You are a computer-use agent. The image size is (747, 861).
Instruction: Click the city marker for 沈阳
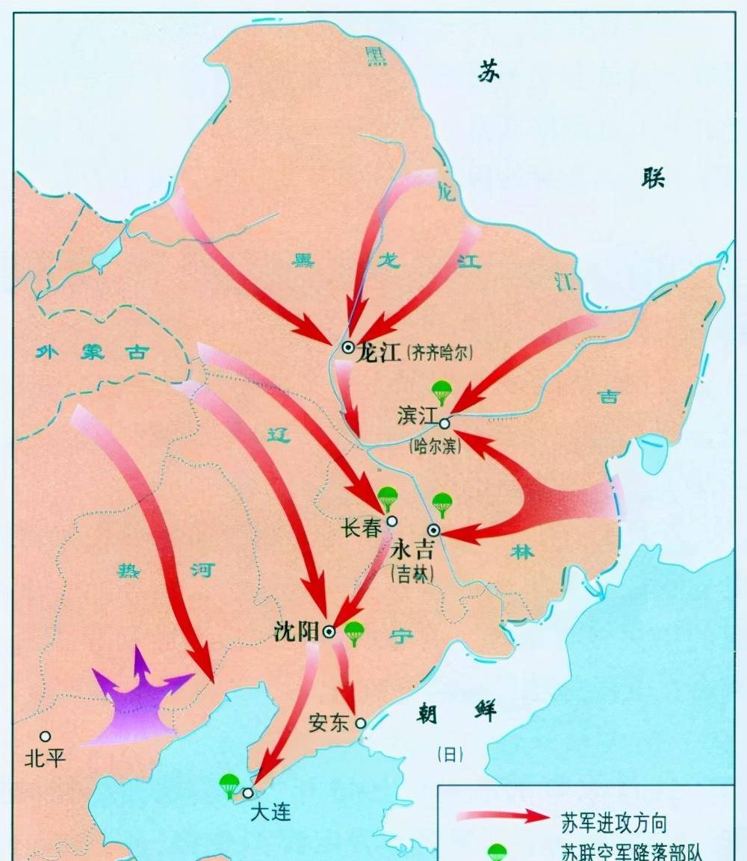pyautogui.click(x=329, y=632)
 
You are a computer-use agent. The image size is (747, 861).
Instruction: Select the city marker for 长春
pyautogui.click(x=392, y=521)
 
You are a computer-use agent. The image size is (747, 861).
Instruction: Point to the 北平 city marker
pyautogui.click(x=46, y=736)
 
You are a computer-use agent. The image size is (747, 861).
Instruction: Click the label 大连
pyautogui.click(x=270, y=812)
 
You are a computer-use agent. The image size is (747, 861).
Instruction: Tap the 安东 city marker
pyautogui.click(x=361, y=723)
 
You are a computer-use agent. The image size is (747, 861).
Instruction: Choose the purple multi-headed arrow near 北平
pyautogui.click(x=138, y=700)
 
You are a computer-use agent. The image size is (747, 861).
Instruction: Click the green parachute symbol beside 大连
pyautogui.click(x=229, y=786)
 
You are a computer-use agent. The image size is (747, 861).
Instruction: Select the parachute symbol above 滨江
pyautogui.click(x=442, y=391)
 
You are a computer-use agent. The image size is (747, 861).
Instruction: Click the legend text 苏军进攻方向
pyautogui.click(x=613, y=822)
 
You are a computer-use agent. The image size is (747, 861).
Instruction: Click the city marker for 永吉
pyautogui.click(x=433, y=531)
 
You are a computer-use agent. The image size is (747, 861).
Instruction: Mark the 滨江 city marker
pyautogui.click(x=444, y=423)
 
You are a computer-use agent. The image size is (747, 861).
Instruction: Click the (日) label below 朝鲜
pyautogui.click(x=450, y=755)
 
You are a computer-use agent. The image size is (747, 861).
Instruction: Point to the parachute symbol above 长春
pyautogui.click(x=387, y=497)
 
